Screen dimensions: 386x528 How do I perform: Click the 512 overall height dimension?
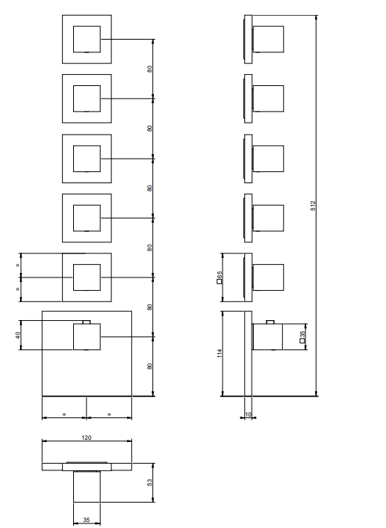[313, 206]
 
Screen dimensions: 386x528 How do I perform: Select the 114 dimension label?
[220, 353]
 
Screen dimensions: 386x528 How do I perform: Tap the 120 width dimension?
[87, 438]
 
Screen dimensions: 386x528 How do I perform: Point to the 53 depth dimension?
[149, 482]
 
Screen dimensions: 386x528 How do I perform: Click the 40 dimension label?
[18, 335]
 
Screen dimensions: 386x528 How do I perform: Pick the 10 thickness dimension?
[248, 414]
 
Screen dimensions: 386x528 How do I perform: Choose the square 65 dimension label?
[220, 277]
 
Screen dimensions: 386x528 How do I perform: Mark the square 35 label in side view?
[302, 337]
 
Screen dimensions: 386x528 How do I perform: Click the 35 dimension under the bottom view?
[87, 520]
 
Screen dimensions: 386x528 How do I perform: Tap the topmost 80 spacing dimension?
[149, 69]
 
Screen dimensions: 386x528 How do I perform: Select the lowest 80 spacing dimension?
[149, 366]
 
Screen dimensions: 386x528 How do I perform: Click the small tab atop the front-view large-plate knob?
[87, 322]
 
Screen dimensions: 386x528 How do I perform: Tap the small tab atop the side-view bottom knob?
[270, 322]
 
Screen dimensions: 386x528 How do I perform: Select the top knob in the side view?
[268, 39]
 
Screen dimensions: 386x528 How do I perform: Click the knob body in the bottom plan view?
[87, 486]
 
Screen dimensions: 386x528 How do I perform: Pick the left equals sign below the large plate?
[64, 414]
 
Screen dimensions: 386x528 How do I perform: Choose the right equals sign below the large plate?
[109, 414]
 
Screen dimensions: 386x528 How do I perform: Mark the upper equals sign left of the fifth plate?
[18, 265]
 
